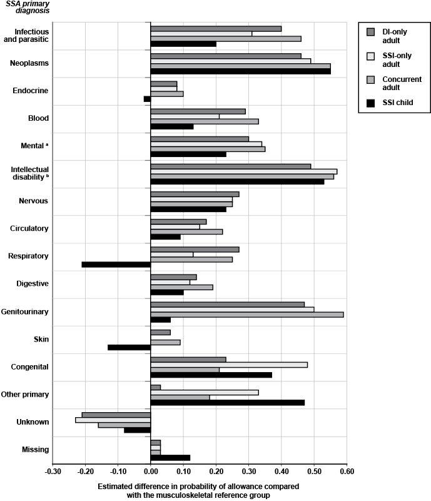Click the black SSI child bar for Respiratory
click(116, 264)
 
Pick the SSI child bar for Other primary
click(228, 402)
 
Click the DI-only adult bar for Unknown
click(116, 415)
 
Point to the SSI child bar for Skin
click(129, 347)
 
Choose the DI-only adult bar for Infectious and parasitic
click(216, 29)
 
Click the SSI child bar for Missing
click(170, 457)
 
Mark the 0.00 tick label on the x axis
click(151, 472)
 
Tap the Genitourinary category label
click(41, 311)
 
